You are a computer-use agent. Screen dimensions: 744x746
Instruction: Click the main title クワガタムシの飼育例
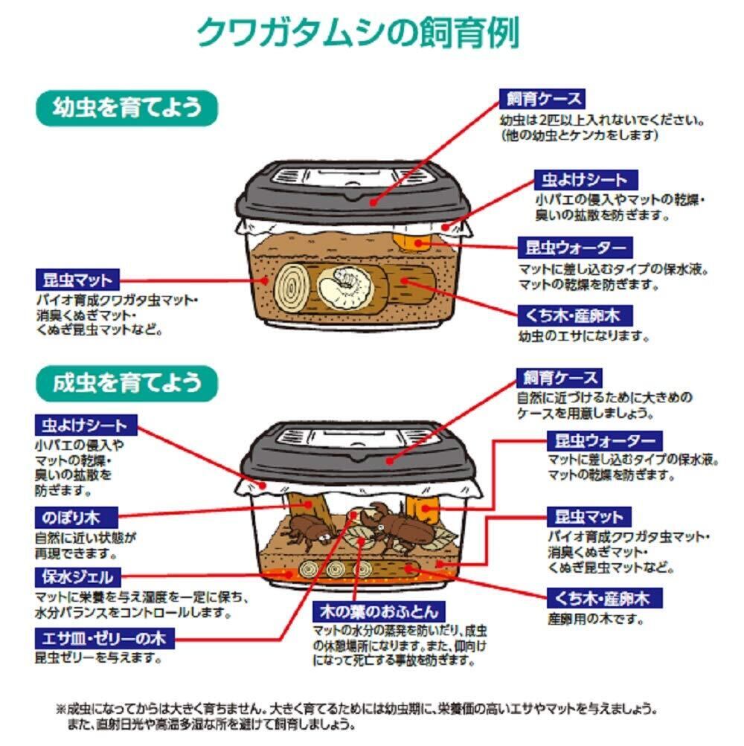pos(357,33)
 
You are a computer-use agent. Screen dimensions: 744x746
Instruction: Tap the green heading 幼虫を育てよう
pos(126,108)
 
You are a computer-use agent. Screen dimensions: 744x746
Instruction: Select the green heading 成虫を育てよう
pos(126,384)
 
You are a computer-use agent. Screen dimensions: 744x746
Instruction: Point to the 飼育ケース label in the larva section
pos(542,99)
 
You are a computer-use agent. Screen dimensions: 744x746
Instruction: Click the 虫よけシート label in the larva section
pos(586,180)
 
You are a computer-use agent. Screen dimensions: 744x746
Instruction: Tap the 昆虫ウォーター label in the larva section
pos(575,248)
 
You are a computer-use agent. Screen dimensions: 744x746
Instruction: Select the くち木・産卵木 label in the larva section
pos(575,315)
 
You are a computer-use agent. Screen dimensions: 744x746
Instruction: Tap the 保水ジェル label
pos(77,577)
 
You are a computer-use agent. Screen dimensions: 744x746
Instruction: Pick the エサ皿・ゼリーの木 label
pos(105,638)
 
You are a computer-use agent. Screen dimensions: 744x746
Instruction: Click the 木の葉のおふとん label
pos(379,611)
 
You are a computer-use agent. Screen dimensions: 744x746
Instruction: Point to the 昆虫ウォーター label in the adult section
pos(605,441)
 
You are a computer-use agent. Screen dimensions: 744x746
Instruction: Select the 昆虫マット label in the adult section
pos(589,517)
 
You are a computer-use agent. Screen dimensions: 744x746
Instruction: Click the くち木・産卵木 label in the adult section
pos(605,598)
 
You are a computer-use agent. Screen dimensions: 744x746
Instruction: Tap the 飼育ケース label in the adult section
pos(559,378)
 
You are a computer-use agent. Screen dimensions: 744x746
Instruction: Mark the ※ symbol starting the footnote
pos(62,710)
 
